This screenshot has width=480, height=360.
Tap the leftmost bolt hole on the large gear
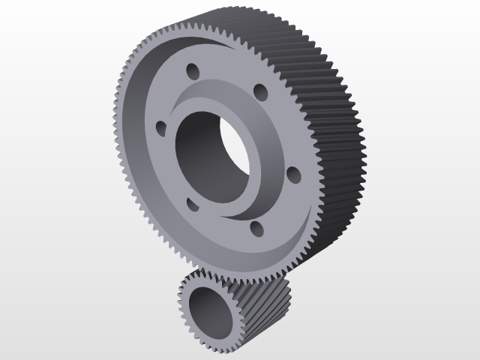(x=160, y=127)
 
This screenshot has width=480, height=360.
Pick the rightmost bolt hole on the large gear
(x=293, y=175)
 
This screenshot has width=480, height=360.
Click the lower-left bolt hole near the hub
(x=190, y=204)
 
